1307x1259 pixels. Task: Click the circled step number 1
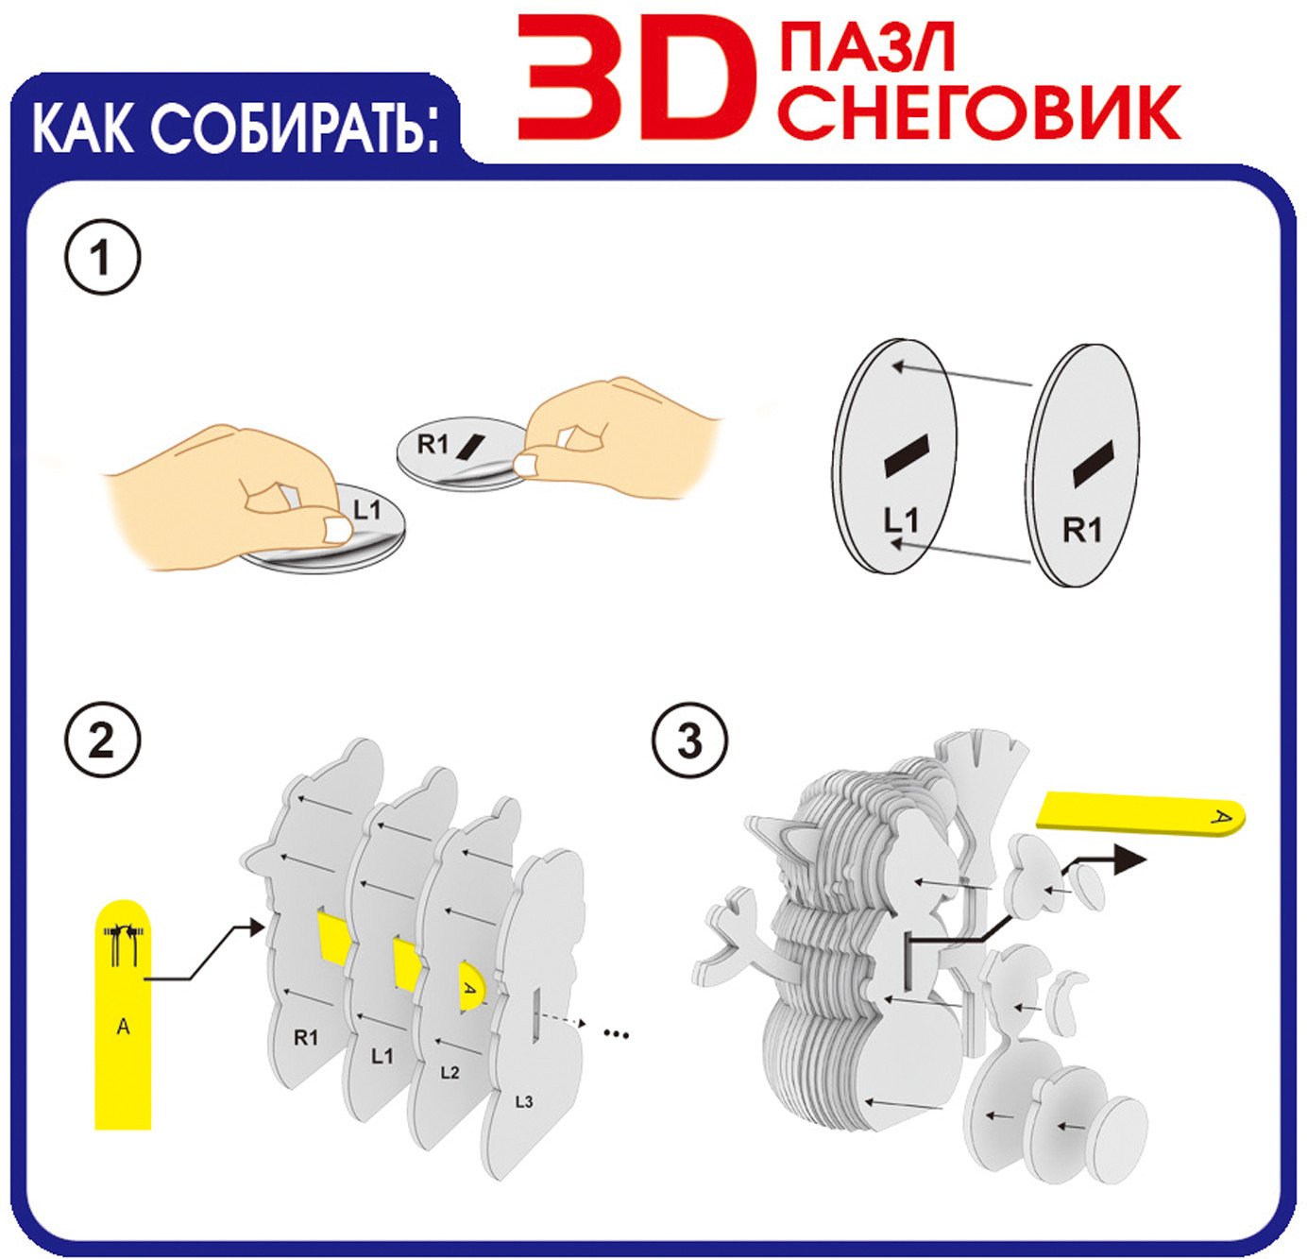(x=103, y=257)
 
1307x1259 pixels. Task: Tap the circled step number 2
(x=103, y=741)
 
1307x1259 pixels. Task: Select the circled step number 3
(x=689, y=741)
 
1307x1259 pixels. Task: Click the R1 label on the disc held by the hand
(x=433, y=444)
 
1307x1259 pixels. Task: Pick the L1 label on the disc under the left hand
(x=366, y=511)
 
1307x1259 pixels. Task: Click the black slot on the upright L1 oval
(x=906, y=455)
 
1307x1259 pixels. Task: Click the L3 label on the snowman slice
(x=524, y=1102)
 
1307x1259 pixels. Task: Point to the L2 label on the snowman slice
(x=450, y=1073)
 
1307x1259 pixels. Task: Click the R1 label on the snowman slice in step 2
(x=306, y=1038)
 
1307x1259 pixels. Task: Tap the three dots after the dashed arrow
(x=617, y=1035)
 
